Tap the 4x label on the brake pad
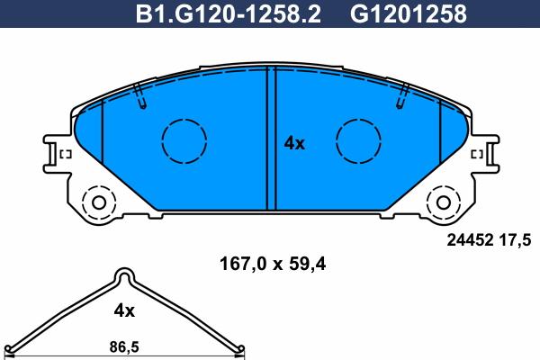[x=294, y=143]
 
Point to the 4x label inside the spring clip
[x=123, y=310]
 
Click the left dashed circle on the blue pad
[x=184, y=141]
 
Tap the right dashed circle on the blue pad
[x=358, y=141]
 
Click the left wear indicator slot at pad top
[x=139, y=94]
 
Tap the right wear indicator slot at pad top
[x=400, y=94]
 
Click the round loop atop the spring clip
[x=124, y=276]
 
